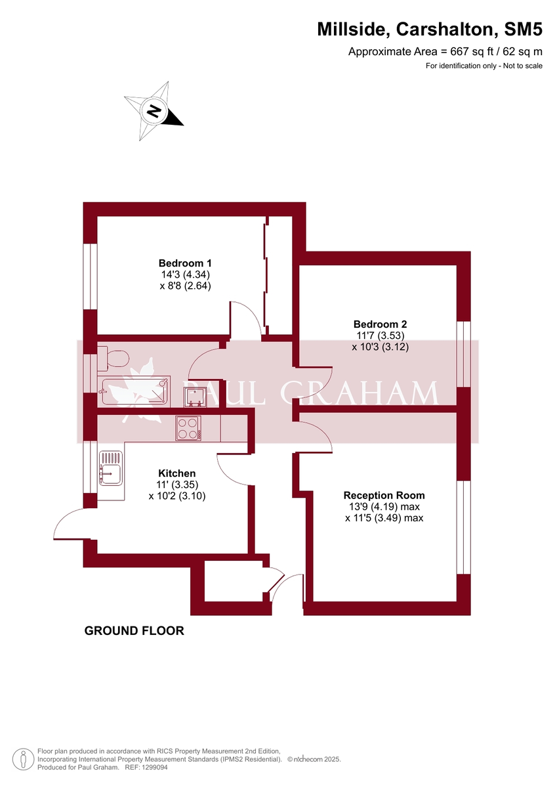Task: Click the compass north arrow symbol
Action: (154, 111)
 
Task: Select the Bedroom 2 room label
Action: (380, 324)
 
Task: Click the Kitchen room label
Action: (176, 473)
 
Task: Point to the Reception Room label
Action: (384, 495)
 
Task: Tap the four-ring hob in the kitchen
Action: (188, 429)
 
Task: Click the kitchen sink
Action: (110, 468)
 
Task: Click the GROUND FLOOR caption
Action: (134, 631)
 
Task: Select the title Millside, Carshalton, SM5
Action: (430, 30)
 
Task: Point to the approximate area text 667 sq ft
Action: (445, 52)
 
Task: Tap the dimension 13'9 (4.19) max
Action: (384, 507)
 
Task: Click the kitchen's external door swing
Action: (69, 525)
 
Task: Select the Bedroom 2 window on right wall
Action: (464, 354)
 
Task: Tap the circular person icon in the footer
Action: (23, 758)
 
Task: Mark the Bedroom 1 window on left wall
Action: (90, 276)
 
